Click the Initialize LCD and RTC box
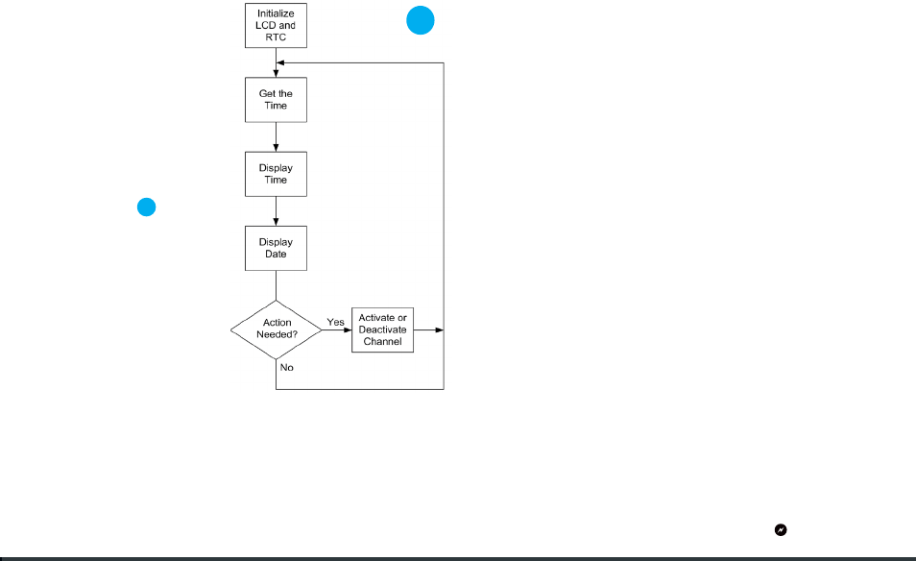(x=276, y=26)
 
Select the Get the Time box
(x=276, y=100)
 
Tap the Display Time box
(x=276, y=174)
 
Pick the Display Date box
(x=276, y=249)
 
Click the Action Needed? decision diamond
(x=277, y=329)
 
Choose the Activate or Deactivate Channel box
(x=383, y=330)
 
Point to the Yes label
(x=335, y=322)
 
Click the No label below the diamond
(x=286, y=368)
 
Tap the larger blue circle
(x=421, y=20)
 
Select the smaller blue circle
(x=147, y=207)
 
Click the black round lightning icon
(x=781, y=530)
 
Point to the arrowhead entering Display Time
(x=276, y=149)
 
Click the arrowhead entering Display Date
(x=276, y=223)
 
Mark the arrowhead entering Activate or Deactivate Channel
(x=348, y=330)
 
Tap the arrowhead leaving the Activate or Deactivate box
(x=440, y=330)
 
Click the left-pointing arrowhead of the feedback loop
(x=279, y=62)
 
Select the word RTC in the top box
(x=276, y=37)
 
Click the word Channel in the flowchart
(x=383, y=342)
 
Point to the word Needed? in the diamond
(x=277, y=335)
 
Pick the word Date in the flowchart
(x=276, y=255)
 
